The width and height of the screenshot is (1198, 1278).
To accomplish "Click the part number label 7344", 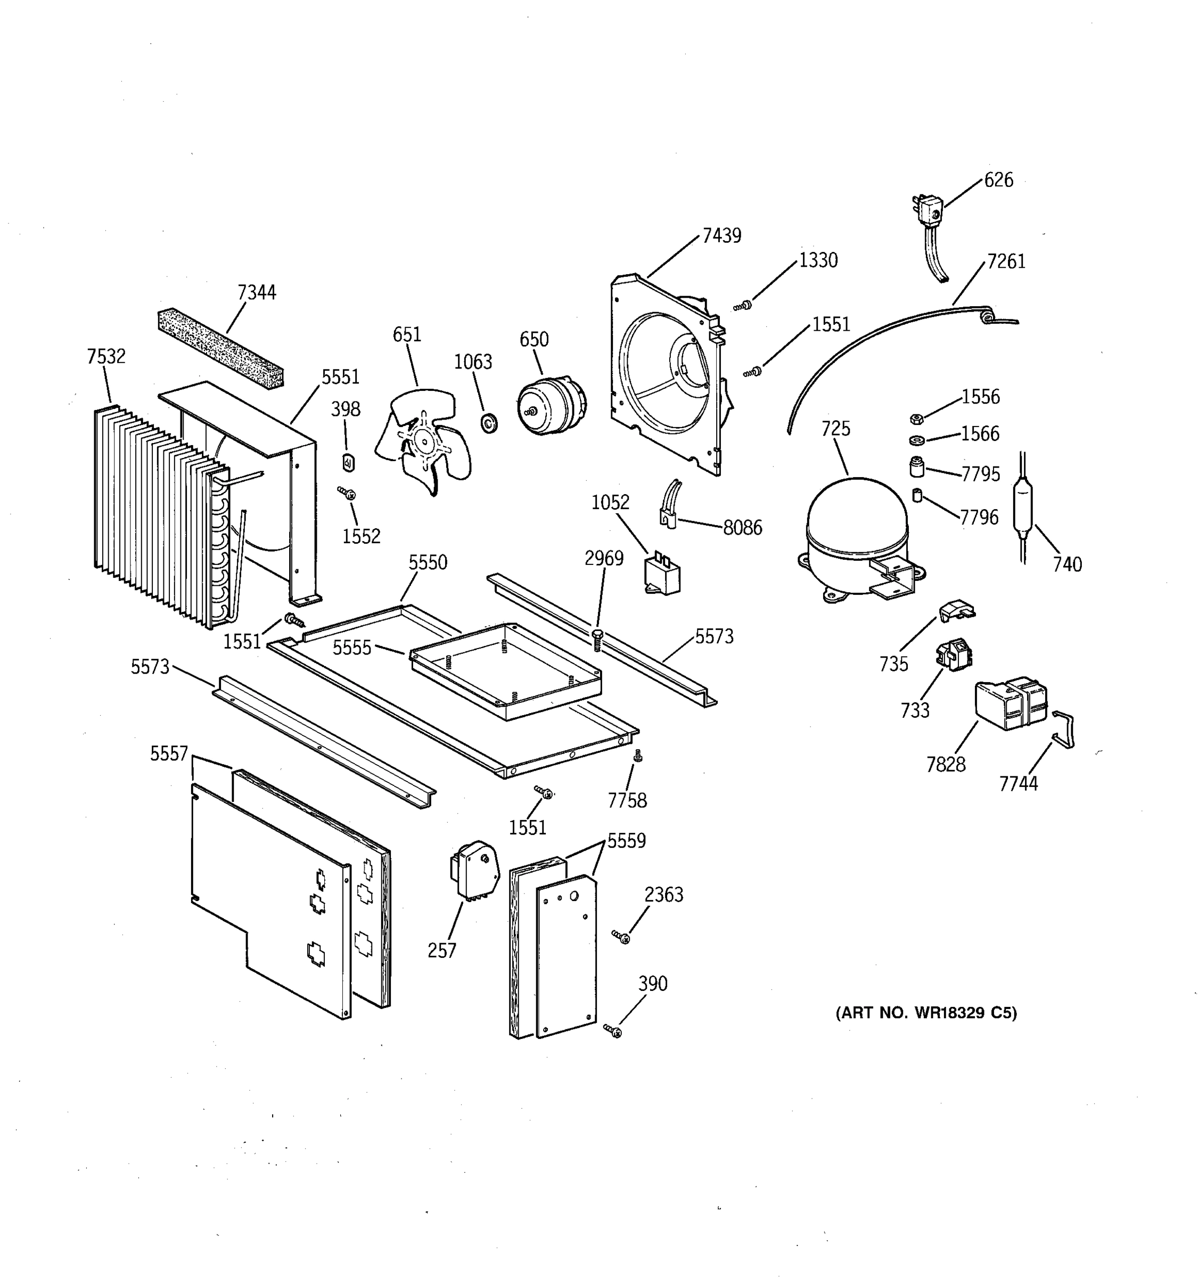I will click(257, 292).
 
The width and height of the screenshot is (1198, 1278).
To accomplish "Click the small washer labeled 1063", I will click(490, 424).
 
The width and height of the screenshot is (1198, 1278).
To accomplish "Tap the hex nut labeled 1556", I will click(916, 419).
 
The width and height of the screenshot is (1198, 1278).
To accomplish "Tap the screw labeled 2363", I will click(621, 937).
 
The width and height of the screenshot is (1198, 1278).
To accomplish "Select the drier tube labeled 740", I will click(1022, 508).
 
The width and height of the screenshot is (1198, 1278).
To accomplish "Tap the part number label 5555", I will click(351, 648).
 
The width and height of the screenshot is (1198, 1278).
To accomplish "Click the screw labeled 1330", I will click(744, 305).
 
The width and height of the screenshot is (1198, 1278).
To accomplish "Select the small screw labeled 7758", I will click(637, 756).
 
